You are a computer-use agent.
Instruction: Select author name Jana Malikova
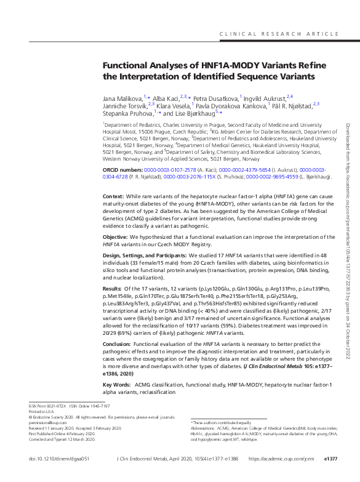pos(122,97)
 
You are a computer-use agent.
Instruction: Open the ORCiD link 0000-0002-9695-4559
pos(272,177)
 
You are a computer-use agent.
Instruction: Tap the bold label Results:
pos(113,288)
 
